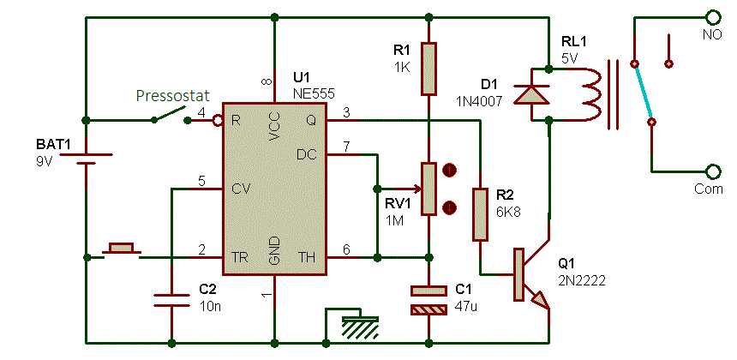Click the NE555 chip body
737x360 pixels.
coord(274,189)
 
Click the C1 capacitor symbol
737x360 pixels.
coord(428,300)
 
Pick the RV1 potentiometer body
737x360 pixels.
coord(428,189)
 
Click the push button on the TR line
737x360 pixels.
coord(121,251)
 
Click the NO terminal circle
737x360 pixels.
coord(712,17)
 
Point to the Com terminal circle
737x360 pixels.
coord(712,172)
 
